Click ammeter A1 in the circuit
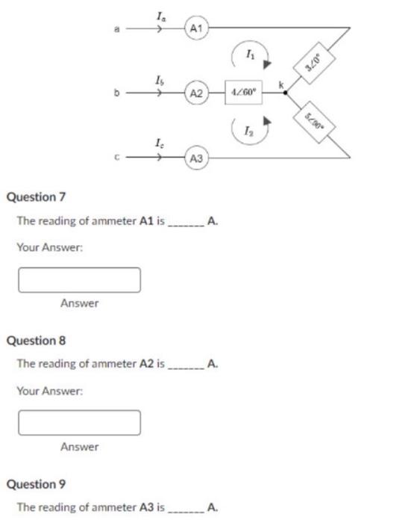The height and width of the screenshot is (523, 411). pyautogui.click(x=196, y=29)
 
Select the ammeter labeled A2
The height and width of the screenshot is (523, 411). pyautogui.click(x=196, y=93)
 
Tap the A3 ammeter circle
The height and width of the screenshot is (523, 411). pyautogui.click(x=196, y=158)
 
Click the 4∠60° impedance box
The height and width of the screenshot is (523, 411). pyautogui.click(x=245, y=93)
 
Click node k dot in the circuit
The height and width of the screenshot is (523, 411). pyautogui.click(x=284, y=93)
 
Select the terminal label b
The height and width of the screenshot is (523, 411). pyautogui.click(x=116, y=94)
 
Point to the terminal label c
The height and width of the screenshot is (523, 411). pyautogui.click(x=116, y=158)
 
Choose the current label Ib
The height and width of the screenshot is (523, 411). pyautogui.click(x=160, y=79)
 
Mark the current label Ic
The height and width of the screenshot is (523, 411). pyautogui.click(x=160, y=143)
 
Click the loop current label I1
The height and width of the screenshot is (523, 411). pyautogui.click(x=249, y=52)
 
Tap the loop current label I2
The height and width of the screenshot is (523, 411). pyautogui.click(x=249, y=131)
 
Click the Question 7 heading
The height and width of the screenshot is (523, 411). pyautogui.click(x=36, y=197)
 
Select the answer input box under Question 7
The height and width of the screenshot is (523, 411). pyautogui.click(x=79, y=279)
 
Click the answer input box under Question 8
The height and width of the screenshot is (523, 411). pyautogui.click(x=79, y=422)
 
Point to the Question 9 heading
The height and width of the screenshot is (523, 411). pyautogui.click(x=36, y=484)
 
